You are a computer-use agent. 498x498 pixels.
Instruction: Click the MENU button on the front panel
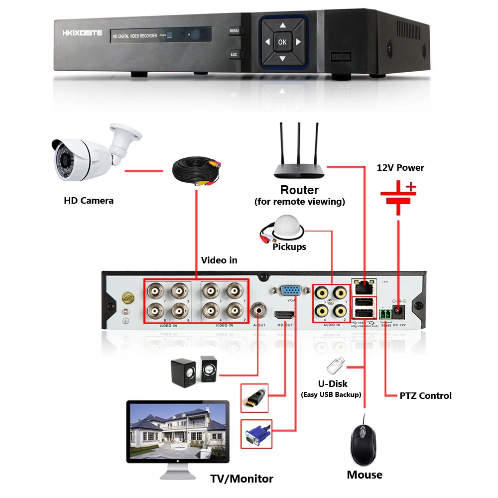click(234, 31)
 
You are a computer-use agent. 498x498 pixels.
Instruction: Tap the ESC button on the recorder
click(234, 54)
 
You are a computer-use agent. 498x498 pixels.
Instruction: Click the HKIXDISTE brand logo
click(82, 33)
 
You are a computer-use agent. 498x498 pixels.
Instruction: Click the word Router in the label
click(299, 190)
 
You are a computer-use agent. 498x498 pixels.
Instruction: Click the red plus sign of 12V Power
click(411, 187)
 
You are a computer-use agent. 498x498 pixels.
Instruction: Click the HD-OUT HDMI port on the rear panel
click(284, 315)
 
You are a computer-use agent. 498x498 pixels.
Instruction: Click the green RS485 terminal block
click(384, 314)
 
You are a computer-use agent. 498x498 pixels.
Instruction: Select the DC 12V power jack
click(399, 312)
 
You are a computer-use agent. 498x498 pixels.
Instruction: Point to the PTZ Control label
click(425, 396)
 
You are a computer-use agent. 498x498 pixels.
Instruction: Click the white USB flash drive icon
click(334, 366)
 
